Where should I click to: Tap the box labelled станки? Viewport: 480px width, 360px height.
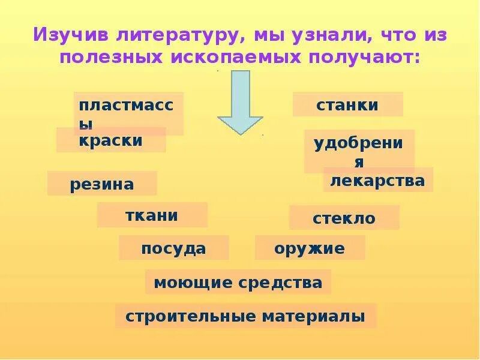pos(347,105)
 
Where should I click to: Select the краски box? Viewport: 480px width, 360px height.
pos(111,141)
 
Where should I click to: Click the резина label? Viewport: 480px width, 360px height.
pos(102,184)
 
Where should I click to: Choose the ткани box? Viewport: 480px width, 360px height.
pos(152,215)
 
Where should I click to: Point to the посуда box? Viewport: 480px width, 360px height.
pos(173,248)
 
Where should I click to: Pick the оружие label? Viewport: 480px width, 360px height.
pos(310,248)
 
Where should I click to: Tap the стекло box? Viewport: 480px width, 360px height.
pos(344,218)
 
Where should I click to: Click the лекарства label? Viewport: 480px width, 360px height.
pos(378,180)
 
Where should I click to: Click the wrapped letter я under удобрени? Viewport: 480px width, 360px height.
pos(359,163)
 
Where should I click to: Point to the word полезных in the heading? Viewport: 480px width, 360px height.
pos(111,58)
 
